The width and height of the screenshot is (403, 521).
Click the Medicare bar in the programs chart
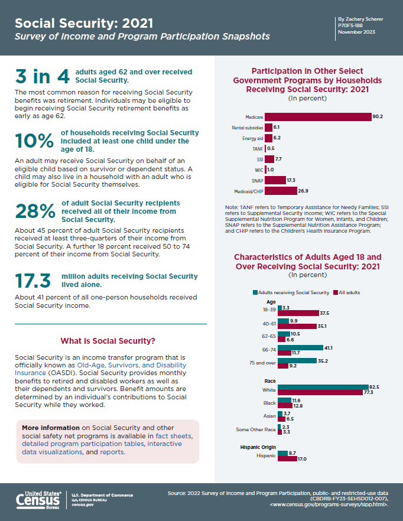[x=318, y=117]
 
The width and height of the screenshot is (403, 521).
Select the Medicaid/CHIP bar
[x=281, y=191]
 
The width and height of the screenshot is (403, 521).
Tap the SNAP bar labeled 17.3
[x=275, y=180]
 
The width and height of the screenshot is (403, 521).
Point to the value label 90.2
[x=378, y=116]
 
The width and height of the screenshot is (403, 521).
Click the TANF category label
[x=258, y=149]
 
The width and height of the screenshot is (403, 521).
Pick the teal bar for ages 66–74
[x=301, y=347]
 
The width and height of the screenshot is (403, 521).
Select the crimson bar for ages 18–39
[x=298, y=313]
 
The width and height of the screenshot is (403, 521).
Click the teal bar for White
[x=323, y=387]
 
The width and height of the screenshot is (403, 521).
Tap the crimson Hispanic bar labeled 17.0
[x=287, y=459]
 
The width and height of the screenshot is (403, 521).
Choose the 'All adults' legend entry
[x=347, y=292]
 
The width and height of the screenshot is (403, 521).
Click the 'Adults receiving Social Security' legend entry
[x=291, y=292]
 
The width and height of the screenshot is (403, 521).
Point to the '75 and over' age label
[x=262, y=363]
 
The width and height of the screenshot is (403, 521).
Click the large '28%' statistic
[x=35, y=211]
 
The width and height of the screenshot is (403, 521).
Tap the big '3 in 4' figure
[x=42, y=76]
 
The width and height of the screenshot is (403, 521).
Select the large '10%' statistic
[x=34, y=141]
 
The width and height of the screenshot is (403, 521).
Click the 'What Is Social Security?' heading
[x=108, y=341]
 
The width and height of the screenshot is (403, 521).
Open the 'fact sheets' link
[x=173, y=435]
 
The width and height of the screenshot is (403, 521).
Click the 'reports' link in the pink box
[x=112, y=452]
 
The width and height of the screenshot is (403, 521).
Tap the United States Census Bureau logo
[x=38, y=500]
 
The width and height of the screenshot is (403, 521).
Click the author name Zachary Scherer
[x=365, y=19]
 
